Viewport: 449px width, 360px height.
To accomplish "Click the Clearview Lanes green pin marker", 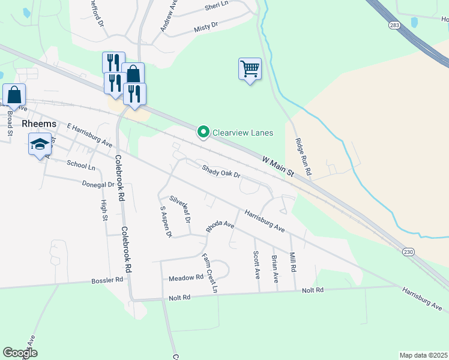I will (203, 133).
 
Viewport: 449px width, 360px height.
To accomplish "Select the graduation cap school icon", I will (40, 144).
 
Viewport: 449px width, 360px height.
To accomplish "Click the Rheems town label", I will (39, 124).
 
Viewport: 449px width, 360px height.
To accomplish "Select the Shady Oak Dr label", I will (221, 172).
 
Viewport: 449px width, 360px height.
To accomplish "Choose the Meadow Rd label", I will (186, 278).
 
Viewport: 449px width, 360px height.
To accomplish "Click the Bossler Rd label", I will (107, 280).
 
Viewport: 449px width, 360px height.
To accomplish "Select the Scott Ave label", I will (256, 264).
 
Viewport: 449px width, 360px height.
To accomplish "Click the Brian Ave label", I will (274, 269).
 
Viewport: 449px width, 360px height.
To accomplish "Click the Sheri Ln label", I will (217, 5).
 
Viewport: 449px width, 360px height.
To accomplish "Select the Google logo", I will (20, 353).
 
